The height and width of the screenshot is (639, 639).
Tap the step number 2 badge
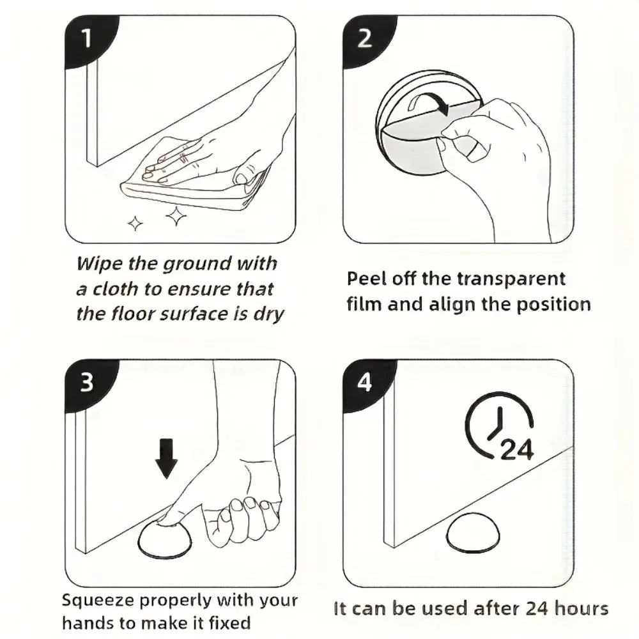(366, 40)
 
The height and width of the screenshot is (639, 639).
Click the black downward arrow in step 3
(166, 458)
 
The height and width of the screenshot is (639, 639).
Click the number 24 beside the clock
(516, 450)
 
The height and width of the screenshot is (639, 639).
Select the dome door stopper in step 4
(473, 532)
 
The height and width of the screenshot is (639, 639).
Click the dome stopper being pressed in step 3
(165, 538)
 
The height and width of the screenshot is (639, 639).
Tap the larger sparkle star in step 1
(176, 216)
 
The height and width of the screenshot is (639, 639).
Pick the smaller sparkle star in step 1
(135, 223)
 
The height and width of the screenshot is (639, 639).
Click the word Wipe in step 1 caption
(100, 264)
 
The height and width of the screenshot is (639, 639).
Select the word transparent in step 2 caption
(511, 280)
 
